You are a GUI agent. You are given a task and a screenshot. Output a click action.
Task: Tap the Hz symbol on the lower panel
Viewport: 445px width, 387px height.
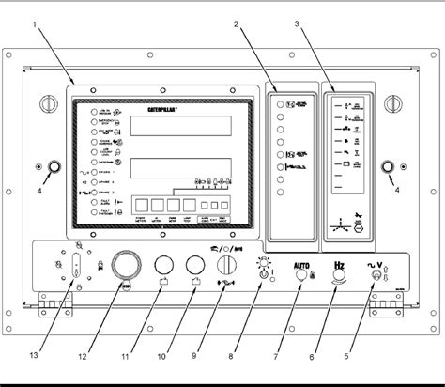point(342,266)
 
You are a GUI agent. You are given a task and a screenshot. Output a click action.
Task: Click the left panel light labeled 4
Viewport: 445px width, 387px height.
point(52,169)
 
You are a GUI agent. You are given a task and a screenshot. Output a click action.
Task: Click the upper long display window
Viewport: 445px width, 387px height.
point(179,129)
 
